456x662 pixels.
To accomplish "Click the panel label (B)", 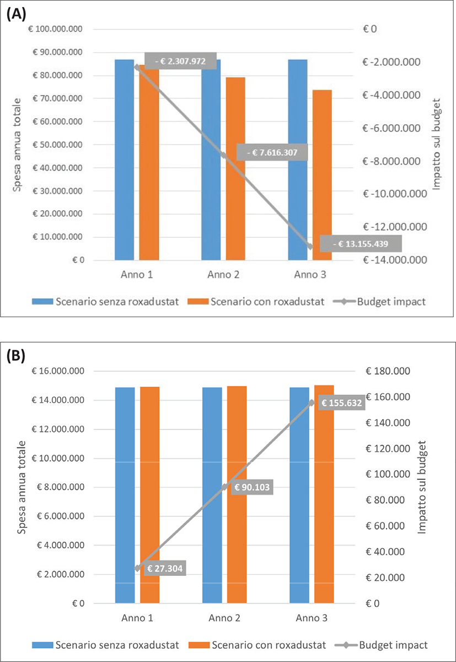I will pyautogui.click(x=15, y=356).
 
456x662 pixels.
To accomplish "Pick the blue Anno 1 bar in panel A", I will pyautogui.click(x=124, y=159).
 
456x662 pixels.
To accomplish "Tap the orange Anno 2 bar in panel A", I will pyautogui.click(x=235, y=168).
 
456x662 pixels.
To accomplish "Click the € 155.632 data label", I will pyautogui.click(x=342, y=403).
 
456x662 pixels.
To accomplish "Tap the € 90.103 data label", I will pyautogui.click(x=254, y=487).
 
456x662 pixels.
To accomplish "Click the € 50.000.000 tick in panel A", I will pyautogui.click(x=56, y=145).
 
